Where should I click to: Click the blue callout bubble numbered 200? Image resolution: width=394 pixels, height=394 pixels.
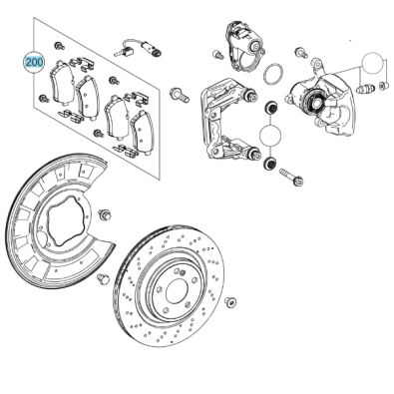[x=35, y=62]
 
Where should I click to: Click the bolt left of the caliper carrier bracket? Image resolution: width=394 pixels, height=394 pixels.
[x=181, y=96]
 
